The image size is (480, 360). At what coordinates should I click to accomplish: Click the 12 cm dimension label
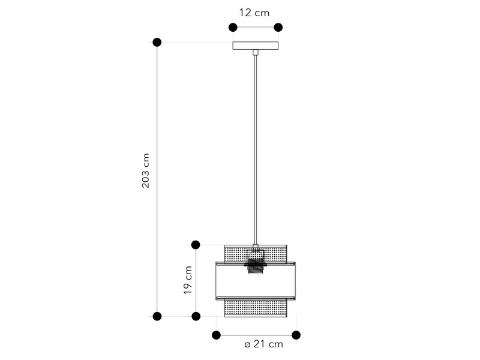point(254,13)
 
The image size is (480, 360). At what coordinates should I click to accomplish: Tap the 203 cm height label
point(146,171)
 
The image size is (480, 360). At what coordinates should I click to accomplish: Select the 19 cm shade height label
point(188,280)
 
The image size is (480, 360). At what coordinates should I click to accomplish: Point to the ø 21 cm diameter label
point(263,344)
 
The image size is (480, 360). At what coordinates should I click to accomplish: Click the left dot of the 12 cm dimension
point(233,28)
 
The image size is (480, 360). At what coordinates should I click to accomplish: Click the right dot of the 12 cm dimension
point(278,28)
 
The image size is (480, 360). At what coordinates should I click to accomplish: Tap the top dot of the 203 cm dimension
point(157,42)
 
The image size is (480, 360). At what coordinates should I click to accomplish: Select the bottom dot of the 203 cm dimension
point(157,316)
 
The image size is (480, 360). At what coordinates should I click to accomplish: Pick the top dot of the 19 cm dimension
point(196,245)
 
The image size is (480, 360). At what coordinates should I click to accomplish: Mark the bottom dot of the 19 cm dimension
point(196,316)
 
